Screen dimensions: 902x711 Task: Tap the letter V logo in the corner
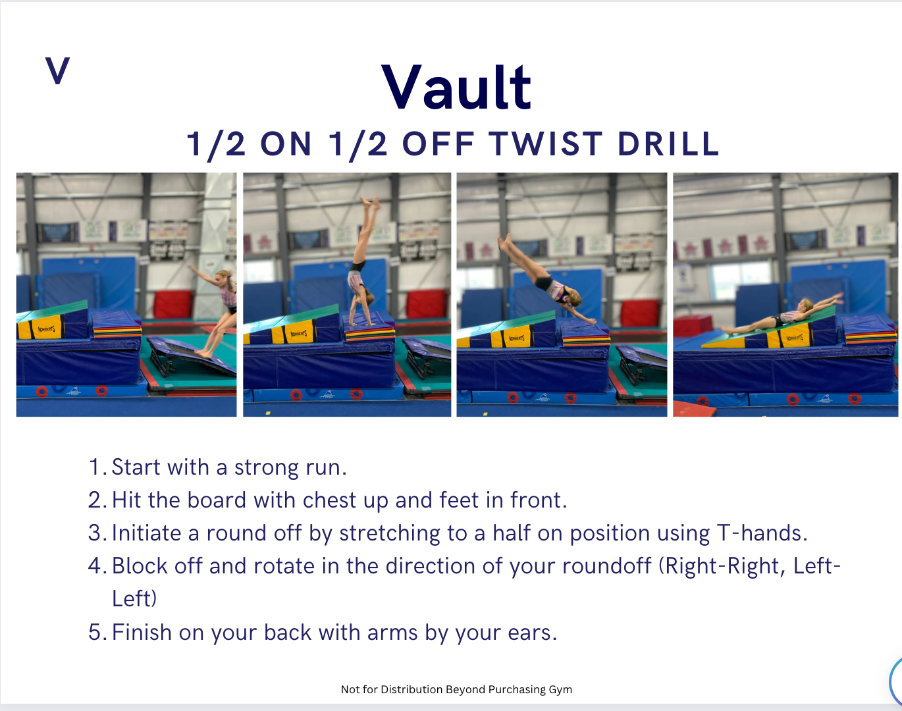tap(57, 70)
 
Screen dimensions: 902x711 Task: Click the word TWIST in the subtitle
tap(546, 144)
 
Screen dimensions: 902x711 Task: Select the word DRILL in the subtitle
tap(668, 144)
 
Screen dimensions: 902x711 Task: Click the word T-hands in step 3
tap(761, 533)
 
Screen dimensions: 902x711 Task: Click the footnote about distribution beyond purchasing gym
tap(456, 690)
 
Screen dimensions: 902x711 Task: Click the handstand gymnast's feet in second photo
tap(371, 202)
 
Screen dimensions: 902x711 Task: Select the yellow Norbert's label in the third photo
tap(517, 338)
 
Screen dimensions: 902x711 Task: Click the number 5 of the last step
tap(95, 632)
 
